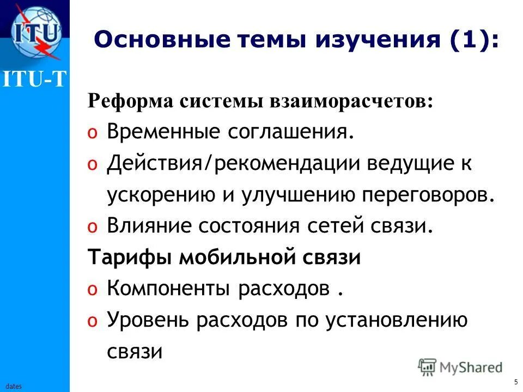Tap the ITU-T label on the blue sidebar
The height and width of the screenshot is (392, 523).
pos(35,80)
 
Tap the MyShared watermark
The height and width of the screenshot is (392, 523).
pos(460,367)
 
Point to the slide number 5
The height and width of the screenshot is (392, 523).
pos(515,382)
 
